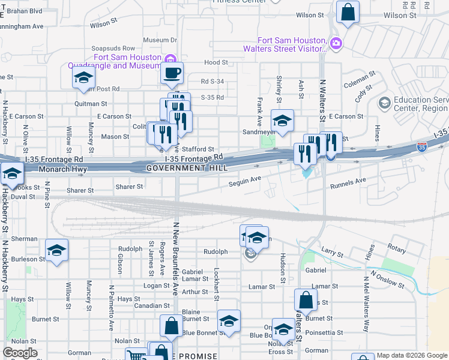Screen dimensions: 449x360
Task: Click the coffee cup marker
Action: pos(173,74)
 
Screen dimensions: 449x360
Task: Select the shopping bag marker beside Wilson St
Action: pos(348,11)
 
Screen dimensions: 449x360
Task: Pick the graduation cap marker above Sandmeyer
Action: pos(282,120)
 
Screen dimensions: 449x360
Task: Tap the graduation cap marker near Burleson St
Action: pos(56,250)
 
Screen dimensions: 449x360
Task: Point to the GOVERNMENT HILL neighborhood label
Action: pos(187,169)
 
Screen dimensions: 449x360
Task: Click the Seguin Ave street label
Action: pos(244,179)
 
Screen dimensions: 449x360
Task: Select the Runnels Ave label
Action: pos(348,180)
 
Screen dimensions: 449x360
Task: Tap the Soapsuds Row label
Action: pos(113,48)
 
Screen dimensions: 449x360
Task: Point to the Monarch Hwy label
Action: pos(63,170)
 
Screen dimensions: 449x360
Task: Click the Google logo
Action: pos(20,353)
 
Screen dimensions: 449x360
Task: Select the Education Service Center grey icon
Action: pos(384,103)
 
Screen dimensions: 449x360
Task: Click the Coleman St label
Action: pos(360,76)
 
